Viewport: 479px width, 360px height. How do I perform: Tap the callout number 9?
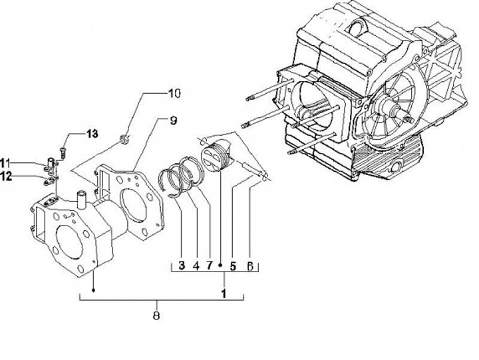tap(173, 120)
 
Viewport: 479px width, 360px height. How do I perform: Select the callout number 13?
tap(92, 134)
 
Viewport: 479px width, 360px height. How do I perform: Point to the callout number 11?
tap(5, 163)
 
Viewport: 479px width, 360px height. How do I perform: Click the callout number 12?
tap(5, 176)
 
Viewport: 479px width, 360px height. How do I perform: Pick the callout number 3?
tap(182, 266)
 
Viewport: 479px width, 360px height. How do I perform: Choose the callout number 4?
tap(196, 266)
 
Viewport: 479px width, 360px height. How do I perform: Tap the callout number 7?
tap(210, 266)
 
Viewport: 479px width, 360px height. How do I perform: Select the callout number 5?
tap(233, 266)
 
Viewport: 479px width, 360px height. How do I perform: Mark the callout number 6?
tap(250, 266)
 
